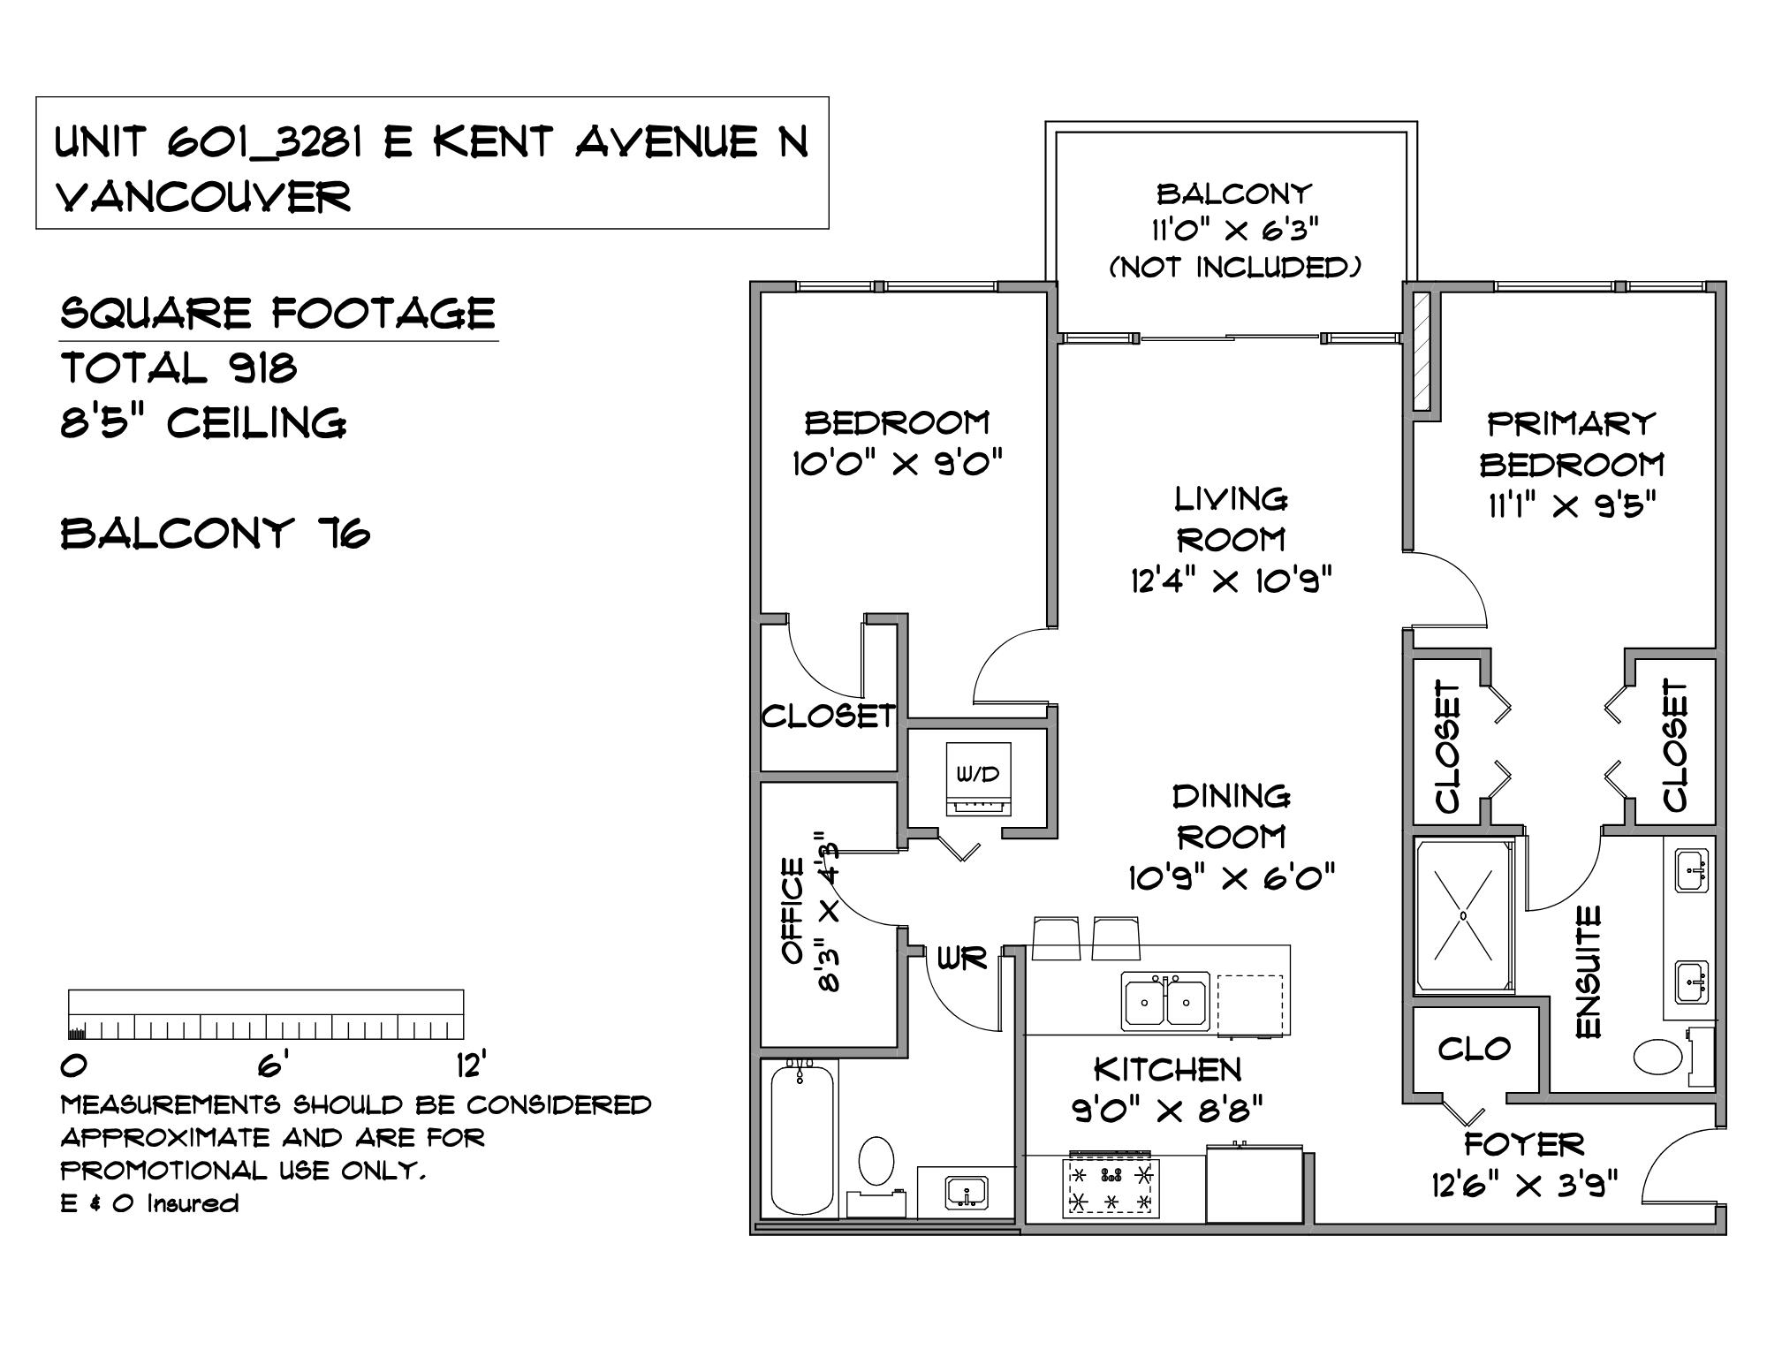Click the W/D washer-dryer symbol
[979, 779]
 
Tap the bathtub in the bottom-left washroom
[801, 1140]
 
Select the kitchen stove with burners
[1111, 1186]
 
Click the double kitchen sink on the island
[1165, 1001]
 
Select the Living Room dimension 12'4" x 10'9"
[1231, 580]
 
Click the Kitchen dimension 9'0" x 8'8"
[1167, 1108]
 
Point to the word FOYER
[1524, 1143]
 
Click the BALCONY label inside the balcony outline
[1233, 193]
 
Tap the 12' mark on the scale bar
[472, 1065]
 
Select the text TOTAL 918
[178, 368]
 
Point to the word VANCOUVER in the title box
[203, 197]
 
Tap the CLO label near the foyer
[1474, 1049]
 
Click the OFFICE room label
[792, 911]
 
